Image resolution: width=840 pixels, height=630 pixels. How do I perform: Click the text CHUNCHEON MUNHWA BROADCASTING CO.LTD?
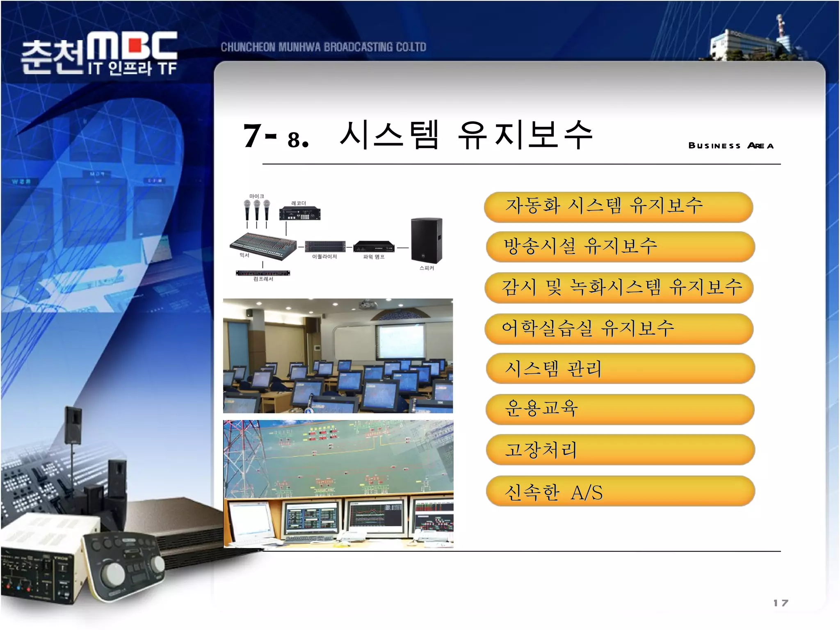(323, 47)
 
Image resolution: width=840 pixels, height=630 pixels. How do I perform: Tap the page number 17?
(780, 603)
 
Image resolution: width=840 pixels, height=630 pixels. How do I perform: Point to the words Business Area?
(731, 146)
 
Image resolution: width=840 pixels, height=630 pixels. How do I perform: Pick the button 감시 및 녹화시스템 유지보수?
(619, 288)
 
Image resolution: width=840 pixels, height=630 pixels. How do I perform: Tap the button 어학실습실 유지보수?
(619, 329)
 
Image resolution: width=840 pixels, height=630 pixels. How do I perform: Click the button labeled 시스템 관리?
(620, 368)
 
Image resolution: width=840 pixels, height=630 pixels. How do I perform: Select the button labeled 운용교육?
(620, 409)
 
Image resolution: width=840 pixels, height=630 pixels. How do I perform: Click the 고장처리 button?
(620, 450)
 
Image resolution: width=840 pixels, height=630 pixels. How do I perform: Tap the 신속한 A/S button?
(620, 491)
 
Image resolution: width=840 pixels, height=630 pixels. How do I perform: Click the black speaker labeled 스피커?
(427, 240)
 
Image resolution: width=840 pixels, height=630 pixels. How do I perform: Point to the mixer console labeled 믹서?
(262, 245)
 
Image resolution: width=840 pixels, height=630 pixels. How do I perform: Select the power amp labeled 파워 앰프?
(374, 247)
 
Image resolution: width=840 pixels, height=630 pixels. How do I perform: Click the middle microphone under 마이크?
(257, 210)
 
